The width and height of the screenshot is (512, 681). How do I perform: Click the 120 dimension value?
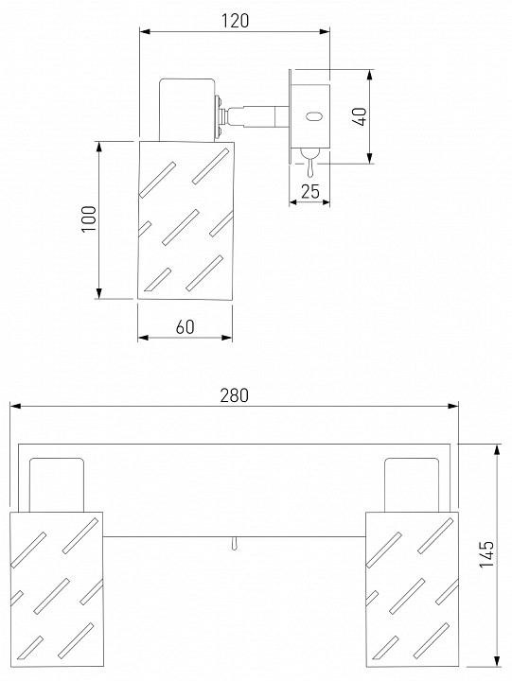click(235, 21)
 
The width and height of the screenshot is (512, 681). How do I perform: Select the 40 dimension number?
click(361, 116)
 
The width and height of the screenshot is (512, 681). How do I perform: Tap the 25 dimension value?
click(310, 191)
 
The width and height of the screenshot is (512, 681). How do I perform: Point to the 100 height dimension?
click(89, 218)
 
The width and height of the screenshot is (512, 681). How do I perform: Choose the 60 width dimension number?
click(185, 326)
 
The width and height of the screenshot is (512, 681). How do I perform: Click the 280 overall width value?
click(235, 395)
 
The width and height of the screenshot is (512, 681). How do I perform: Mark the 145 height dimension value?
click(486, 553)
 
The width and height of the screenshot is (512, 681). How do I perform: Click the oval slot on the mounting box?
click(313, 116)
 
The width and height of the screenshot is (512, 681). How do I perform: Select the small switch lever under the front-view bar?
click(235, 544)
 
